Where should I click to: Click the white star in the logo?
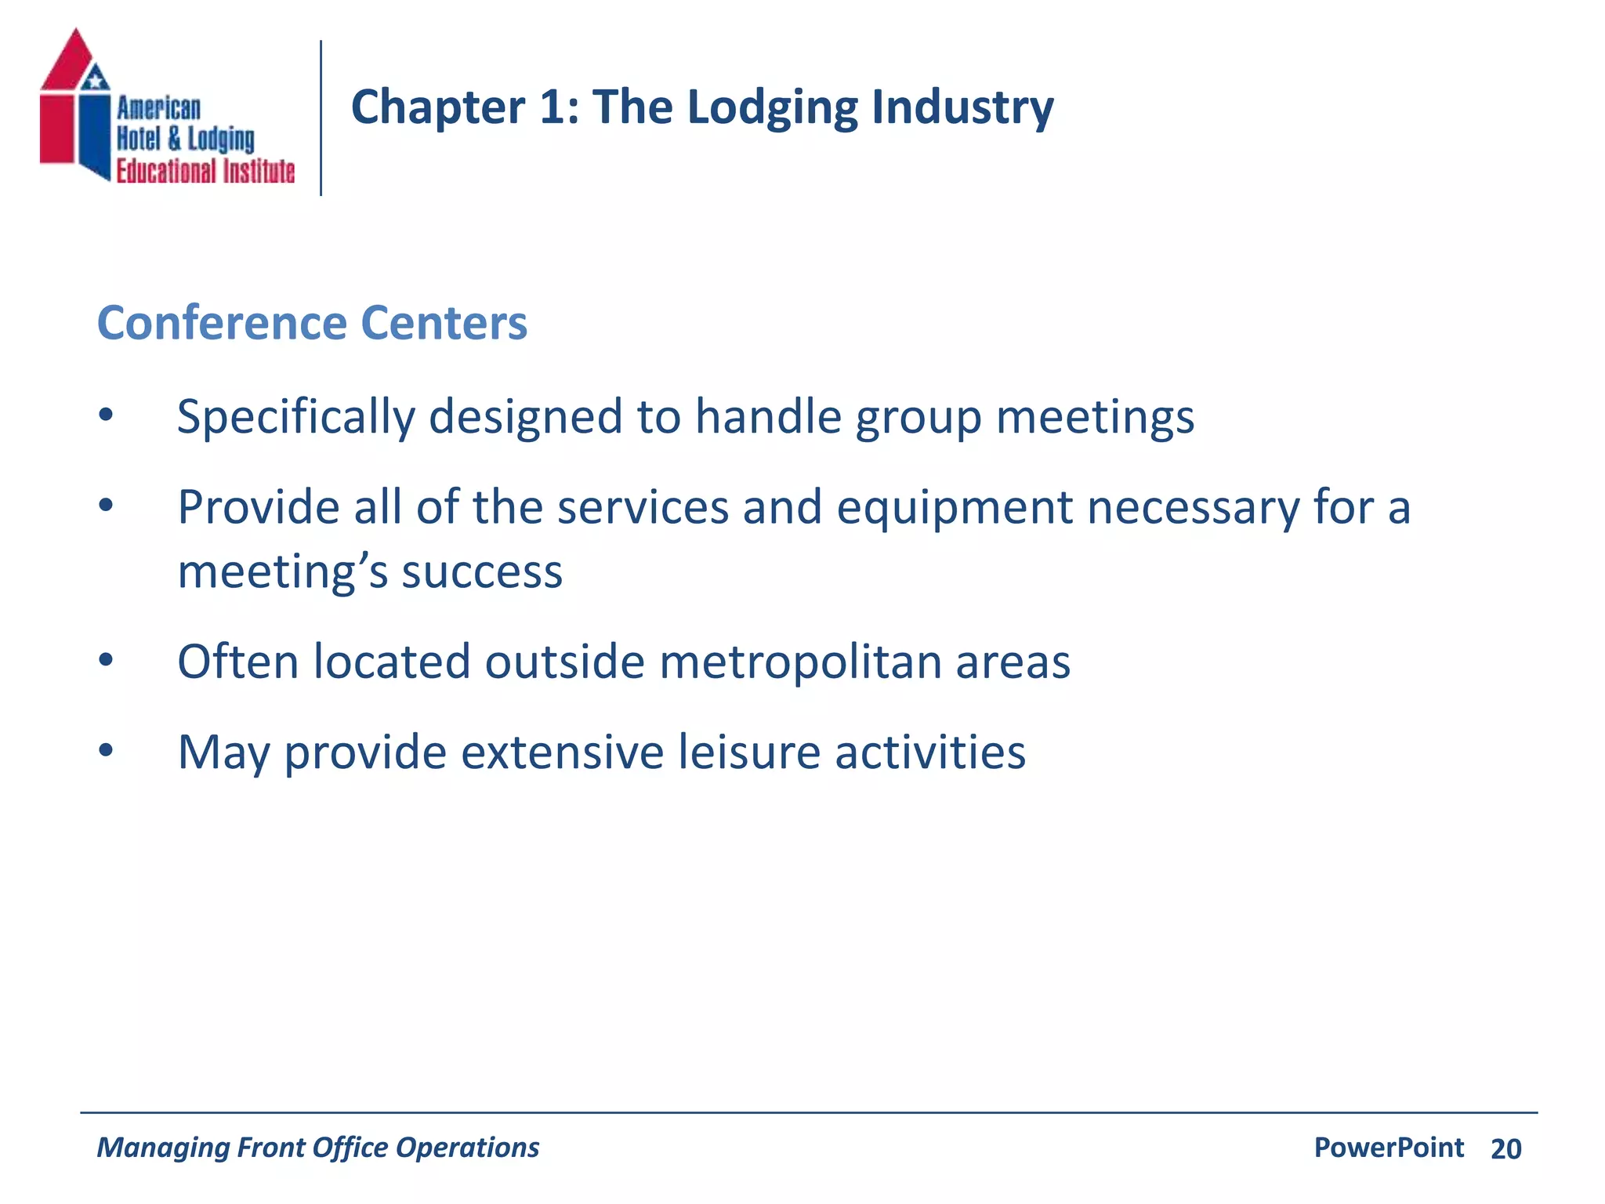click(x=96, y=78)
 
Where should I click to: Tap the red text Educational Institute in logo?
click(x=205, y=171)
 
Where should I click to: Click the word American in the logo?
click(x=158, y=108)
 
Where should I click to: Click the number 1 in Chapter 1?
click(x=553, y=107)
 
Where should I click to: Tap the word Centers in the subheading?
click(x=444, y=323)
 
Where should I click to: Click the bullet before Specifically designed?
click(x=106, y=415)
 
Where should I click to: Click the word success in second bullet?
click(x=482, y=572)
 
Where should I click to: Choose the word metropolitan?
click(x=799, y=662)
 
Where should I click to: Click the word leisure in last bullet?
click(x=748, y=752)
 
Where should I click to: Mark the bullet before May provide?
click(x=106, y=751)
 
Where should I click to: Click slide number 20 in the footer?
click(x=1505, y=1149)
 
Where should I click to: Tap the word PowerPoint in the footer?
click(x=1389, y=1148)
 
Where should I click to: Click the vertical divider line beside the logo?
click(x=321, y=118)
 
